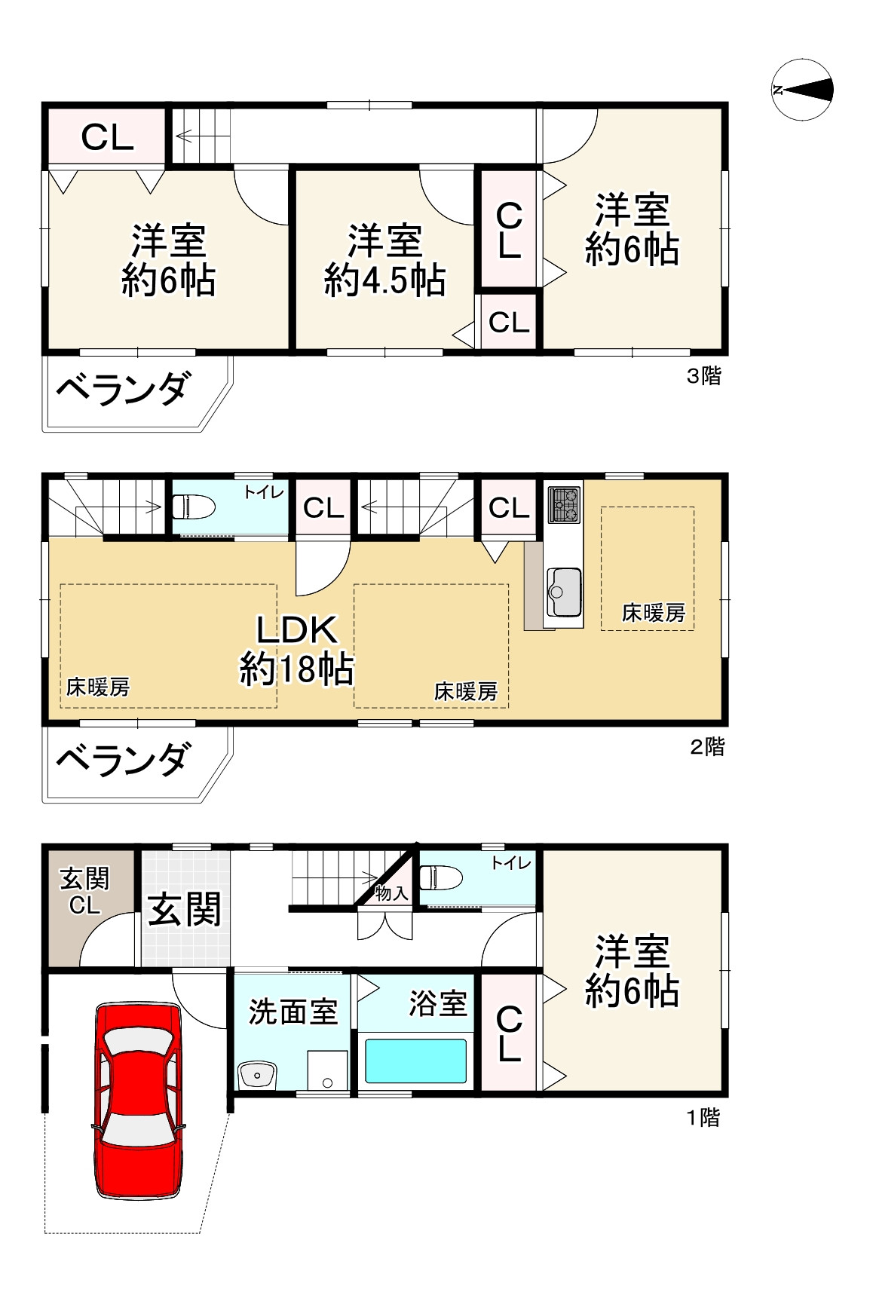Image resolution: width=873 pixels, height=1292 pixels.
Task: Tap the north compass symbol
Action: tap(802, 90)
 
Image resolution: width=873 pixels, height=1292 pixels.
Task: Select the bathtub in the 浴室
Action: tap(415, 1061)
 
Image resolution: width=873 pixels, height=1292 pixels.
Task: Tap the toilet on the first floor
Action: tap(440, 879)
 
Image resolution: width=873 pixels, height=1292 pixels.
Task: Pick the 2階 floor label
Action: tap(707, 746)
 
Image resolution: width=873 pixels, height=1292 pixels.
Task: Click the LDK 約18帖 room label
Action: tap(296, 648)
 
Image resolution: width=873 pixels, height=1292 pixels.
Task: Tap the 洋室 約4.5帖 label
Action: tap(384, 260)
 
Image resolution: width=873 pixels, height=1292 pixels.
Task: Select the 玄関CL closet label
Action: tap(84, 891)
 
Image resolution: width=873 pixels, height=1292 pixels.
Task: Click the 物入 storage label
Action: tap(391, 893)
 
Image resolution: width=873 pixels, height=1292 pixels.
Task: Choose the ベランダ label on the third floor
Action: tap(122, 390)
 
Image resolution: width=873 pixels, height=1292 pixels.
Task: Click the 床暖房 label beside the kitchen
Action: tap(653, 613)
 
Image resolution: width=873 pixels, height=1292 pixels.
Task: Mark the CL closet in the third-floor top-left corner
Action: tap(107, 137)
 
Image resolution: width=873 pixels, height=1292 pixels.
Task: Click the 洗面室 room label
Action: tap(293, 1012)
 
